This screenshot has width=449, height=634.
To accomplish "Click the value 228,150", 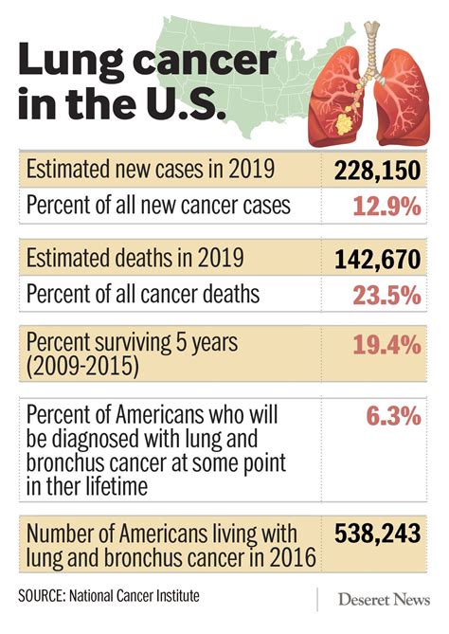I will coord(376,172).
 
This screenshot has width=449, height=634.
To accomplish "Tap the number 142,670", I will coord(376,259).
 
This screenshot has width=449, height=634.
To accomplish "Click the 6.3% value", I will coord(389,414).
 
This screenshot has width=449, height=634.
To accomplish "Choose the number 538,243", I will coord(376,535).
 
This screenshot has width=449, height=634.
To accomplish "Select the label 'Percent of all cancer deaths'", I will coord(142,294).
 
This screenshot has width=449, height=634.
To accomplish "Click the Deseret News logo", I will coord(383,599).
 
